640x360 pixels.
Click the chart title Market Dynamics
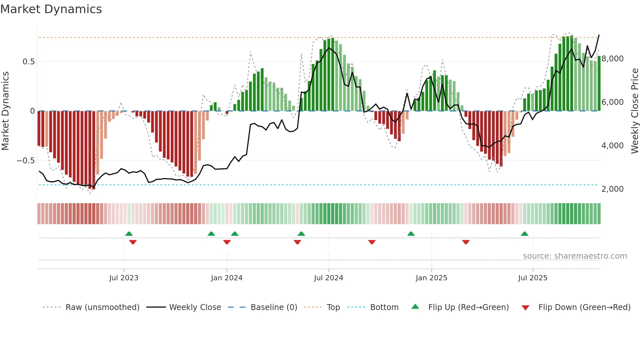[51, 9]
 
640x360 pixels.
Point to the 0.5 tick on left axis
[28, 62]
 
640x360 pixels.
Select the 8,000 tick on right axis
[612, 59]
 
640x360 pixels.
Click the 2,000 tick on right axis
[612, 189]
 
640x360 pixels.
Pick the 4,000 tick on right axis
[612, 146]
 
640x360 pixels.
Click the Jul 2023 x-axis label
[124, 278]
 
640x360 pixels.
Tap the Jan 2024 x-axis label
[227, 278]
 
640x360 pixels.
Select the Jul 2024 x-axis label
[328, 278]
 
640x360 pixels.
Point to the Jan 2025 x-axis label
[431, 278]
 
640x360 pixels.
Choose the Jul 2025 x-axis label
[533, 278]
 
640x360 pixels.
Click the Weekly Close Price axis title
[634, 111]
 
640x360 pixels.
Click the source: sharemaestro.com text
[575, 256]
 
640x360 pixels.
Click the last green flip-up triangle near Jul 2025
[524, 234]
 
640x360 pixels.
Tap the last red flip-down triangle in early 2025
[466, 242]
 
